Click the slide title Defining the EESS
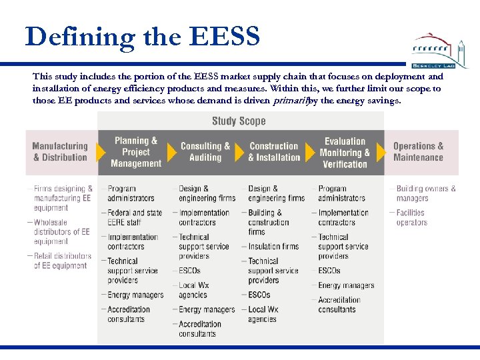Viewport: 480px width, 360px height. click(x=142, y=37)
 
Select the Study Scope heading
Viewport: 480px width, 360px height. click(x=239, y=121)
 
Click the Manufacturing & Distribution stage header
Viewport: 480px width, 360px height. click(x=60, y=151)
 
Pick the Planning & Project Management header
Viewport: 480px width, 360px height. click(x=136, y=152)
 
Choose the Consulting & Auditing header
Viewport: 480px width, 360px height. click(x=205, y=152)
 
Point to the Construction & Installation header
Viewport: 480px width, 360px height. click(x=274, y=152)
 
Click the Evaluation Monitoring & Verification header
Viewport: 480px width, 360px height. click(x=345, y=152)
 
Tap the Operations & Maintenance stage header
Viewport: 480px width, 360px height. click(x=418, y=151)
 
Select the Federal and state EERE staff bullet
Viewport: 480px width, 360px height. click(x=135, y=217)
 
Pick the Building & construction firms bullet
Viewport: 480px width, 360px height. click(x=268, y=222)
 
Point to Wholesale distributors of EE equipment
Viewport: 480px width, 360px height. click(x=61, y=232)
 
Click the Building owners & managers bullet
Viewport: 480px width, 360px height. click(x=425, y=193)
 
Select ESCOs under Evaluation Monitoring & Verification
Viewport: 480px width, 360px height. click(x=329, y=271)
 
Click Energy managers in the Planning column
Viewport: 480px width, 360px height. click(x=135, y=295)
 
